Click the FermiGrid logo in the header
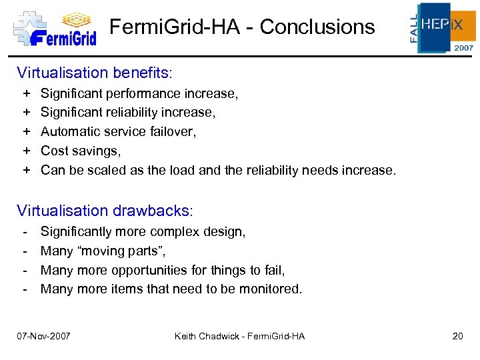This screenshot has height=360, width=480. click(55, 28)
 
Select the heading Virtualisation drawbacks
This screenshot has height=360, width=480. click(103, 211)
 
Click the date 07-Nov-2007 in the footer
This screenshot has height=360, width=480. click(44, 336)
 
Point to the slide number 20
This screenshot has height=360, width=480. click(457, 336)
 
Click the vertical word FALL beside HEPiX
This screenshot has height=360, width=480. click(414, 28)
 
